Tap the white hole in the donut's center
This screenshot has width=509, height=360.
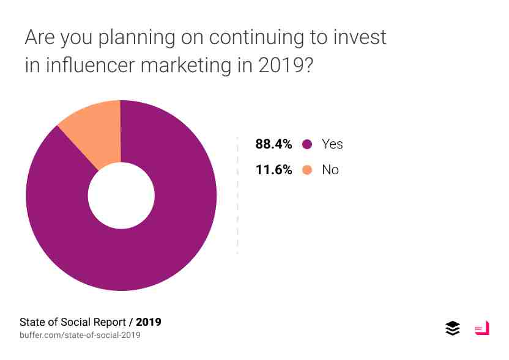point(121,196)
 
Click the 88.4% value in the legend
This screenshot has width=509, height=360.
point(273,144)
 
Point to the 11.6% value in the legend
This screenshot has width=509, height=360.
point(273,170)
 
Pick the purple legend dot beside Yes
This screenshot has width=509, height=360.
point(307,144)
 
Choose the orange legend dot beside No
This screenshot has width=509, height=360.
point(307,170)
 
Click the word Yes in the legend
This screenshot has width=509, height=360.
point(332,144)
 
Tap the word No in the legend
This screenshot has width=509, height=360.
point(330,170)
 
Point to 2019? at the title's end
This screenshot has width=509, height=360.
point(286,65)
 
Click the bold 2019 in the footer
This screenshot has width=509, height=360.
point(149,322)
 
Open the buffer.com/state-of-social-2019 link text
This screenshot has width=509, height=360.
point(80,335)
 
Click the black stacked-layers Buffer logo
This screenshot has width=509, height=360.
point(453,328)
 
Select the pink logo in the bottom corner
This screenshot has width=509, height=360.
point(482,328)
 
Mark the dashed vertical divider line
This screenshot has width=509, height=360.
point(237,196)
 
